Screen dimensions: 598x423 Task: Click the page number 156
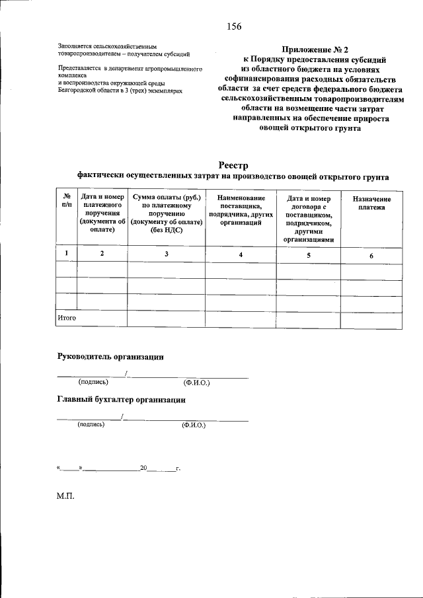pyautogui.click(x=233, y=26)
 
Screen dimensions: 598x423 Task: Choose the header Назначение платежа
pyautogui.click(x=371, y=203)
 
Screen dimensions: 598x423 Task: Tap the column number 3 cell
pyautogui.click(x=166, y=254)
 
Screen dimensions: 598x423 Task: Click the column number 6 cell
pyautogui.click(x=371, y=255)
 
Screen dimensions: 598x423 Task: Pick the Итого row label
pyautogui.click(x=67, y=318)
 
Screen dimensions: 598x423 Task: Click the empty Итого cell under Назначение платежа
pyautogui.click(x=371, y=319)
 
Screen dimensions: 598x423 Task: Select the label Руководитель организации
pyautogui.click(x=110, y=357)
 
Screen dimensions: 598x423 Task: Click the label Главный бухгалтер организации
pyautogui.click(x=121, y=400)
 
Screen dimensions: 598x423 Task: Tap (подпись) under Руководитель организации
pyautogui.click(x=93, y=382)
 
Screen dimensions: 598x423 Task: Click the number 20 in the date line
pyautogui.click(x=143, y=468)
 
